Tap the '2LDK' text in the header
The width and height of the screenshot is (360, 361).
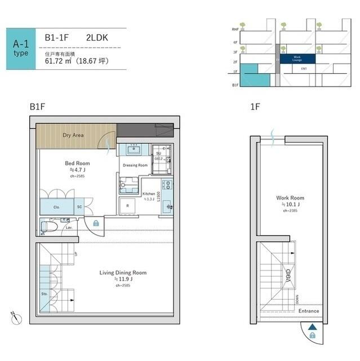(x=97, y=38)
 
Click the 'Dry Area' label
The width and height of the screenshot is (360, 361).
(x=73, y=135)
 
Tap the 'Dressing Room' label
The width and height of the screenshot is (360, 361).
(x=135, y=165)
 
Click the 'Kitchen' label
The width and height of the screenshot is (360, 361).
(x=149, y=193)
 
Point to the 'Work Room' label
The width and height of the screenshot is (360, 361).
(x=290, y=198)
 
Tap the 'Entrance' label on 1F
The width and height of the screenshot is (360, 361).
(x=309, y=311)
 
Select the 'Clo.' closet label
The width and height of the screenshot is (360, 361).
(x=56, y=207)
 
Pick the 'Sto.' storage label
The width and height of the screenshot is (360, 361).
(x=45, y=294)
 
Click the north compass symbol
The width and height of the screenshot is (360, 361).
(x=14, y=317)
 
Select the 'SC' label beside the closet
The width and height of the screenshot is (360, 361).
(x=79, y=206)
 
